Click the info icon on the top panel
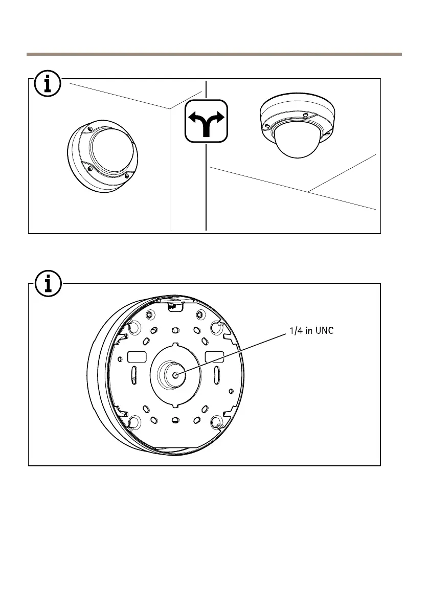tap(48, 84)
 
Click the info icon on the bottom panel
tap(48, 284)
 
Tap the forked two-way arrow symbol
tap(206, 121)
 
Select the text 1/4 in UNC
tap(309, 330)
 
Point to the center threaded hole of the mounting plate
tap(175, 375)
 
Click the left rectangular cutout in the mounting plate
tap(137, 356)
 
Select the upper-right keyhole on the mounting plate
tap(217, 326)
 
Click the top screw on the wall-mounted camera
tap(89, 128)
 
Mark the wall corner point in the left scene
tap(170, 108)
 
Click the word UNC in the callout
tap(324, 330)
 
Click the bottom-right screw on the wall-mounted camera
tap(126, 176)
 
